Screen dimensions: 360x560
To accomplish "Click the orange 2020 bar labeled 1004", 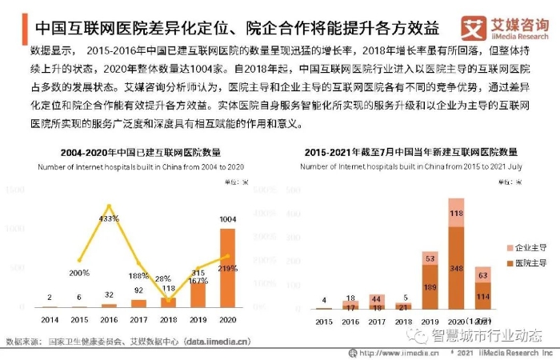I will pyautogui.click(x=228, y=268).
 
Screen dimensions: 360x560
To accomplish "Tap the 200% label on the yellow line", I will pyautogui.click(x=78, y=273).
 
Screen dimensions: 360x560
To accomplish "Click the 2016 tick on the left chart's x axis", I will pyautogui.click(x=109, y=318).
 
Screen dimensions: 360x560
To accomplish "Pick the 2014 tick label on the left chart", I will pyautogui.click(x=50, y=318).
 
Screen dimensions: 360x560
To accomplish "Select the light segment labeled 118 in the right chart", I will pyautogui.click(x=456, y=213).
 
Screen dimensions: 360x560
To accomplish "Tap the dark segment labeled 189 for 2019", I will pyautogui.click(x=430, y=287).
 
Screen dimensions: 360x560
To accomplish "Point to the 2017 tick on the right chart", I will pyautogui.click(x=377, y=322).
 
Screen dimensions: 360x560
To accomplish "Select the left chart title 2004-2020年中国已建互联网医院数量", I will pyautogui.click(x=141, y=152).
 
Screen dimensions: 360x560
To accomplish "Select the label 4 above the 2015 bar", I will pyautogui.click(x=324, y=301).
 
